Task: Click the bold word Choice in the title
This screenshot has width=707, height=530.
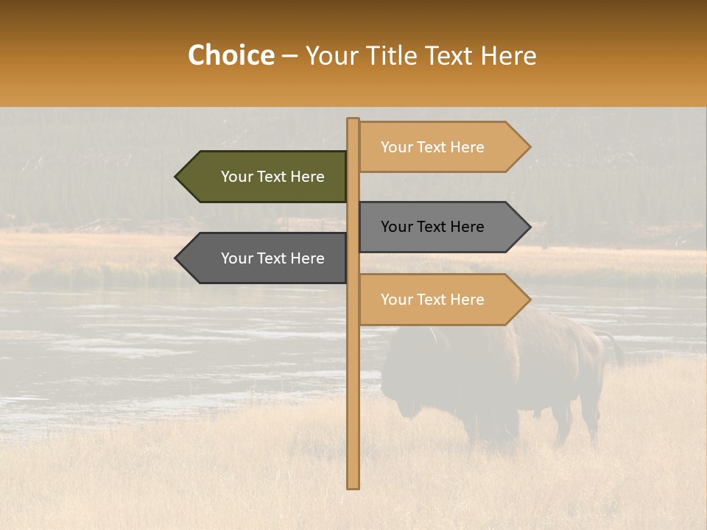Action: (231, 55)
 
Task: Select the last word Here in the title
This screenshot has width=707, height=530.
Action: (508, 55)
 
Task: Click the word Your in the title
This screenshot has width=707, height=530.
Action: (328, 55)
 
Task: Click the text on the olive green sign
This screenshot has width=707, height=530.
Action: (272, 177)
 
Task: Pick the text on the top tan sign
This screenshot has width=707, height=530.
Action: (432, 147)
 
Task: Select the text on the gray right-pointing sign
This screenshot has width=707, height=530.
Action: (432, 227)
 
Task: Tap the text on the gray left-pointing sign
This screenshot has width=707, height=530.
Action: (272, 258)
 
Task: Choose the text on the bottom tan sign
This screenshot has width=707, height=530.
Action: (432, 300)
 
